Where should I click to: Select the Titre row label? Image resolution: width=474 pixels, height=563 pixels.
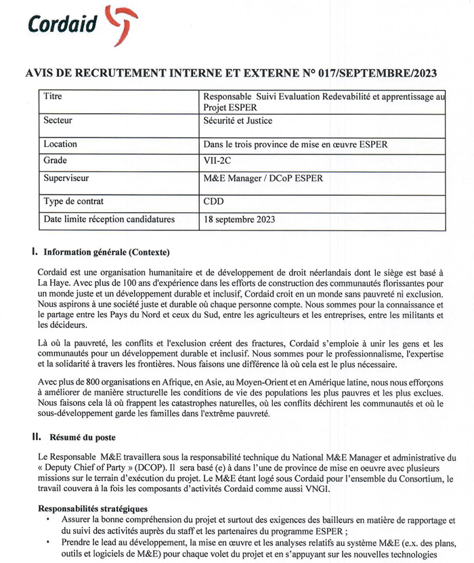53,97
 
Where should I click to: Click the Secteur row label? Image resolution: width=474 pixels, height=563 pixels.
58,121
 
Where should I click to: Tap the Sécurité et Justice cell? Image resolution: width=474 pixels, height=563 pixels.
242,121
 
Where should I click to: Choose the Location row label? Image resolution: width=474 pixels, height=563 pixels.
60,144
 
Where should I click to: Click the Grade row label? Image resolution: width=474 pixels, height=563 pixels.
56,161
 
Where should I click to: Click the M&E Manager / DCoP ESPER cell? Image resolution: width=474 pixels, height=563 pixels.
263,179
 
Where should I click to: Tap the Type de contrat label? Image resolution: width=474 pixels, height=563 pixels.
75,201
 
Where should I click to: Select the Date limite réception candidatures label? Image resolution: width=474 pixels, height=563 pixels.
109,220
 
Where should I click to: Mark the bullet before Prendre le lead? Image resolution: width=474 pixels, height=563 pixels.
47,543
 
